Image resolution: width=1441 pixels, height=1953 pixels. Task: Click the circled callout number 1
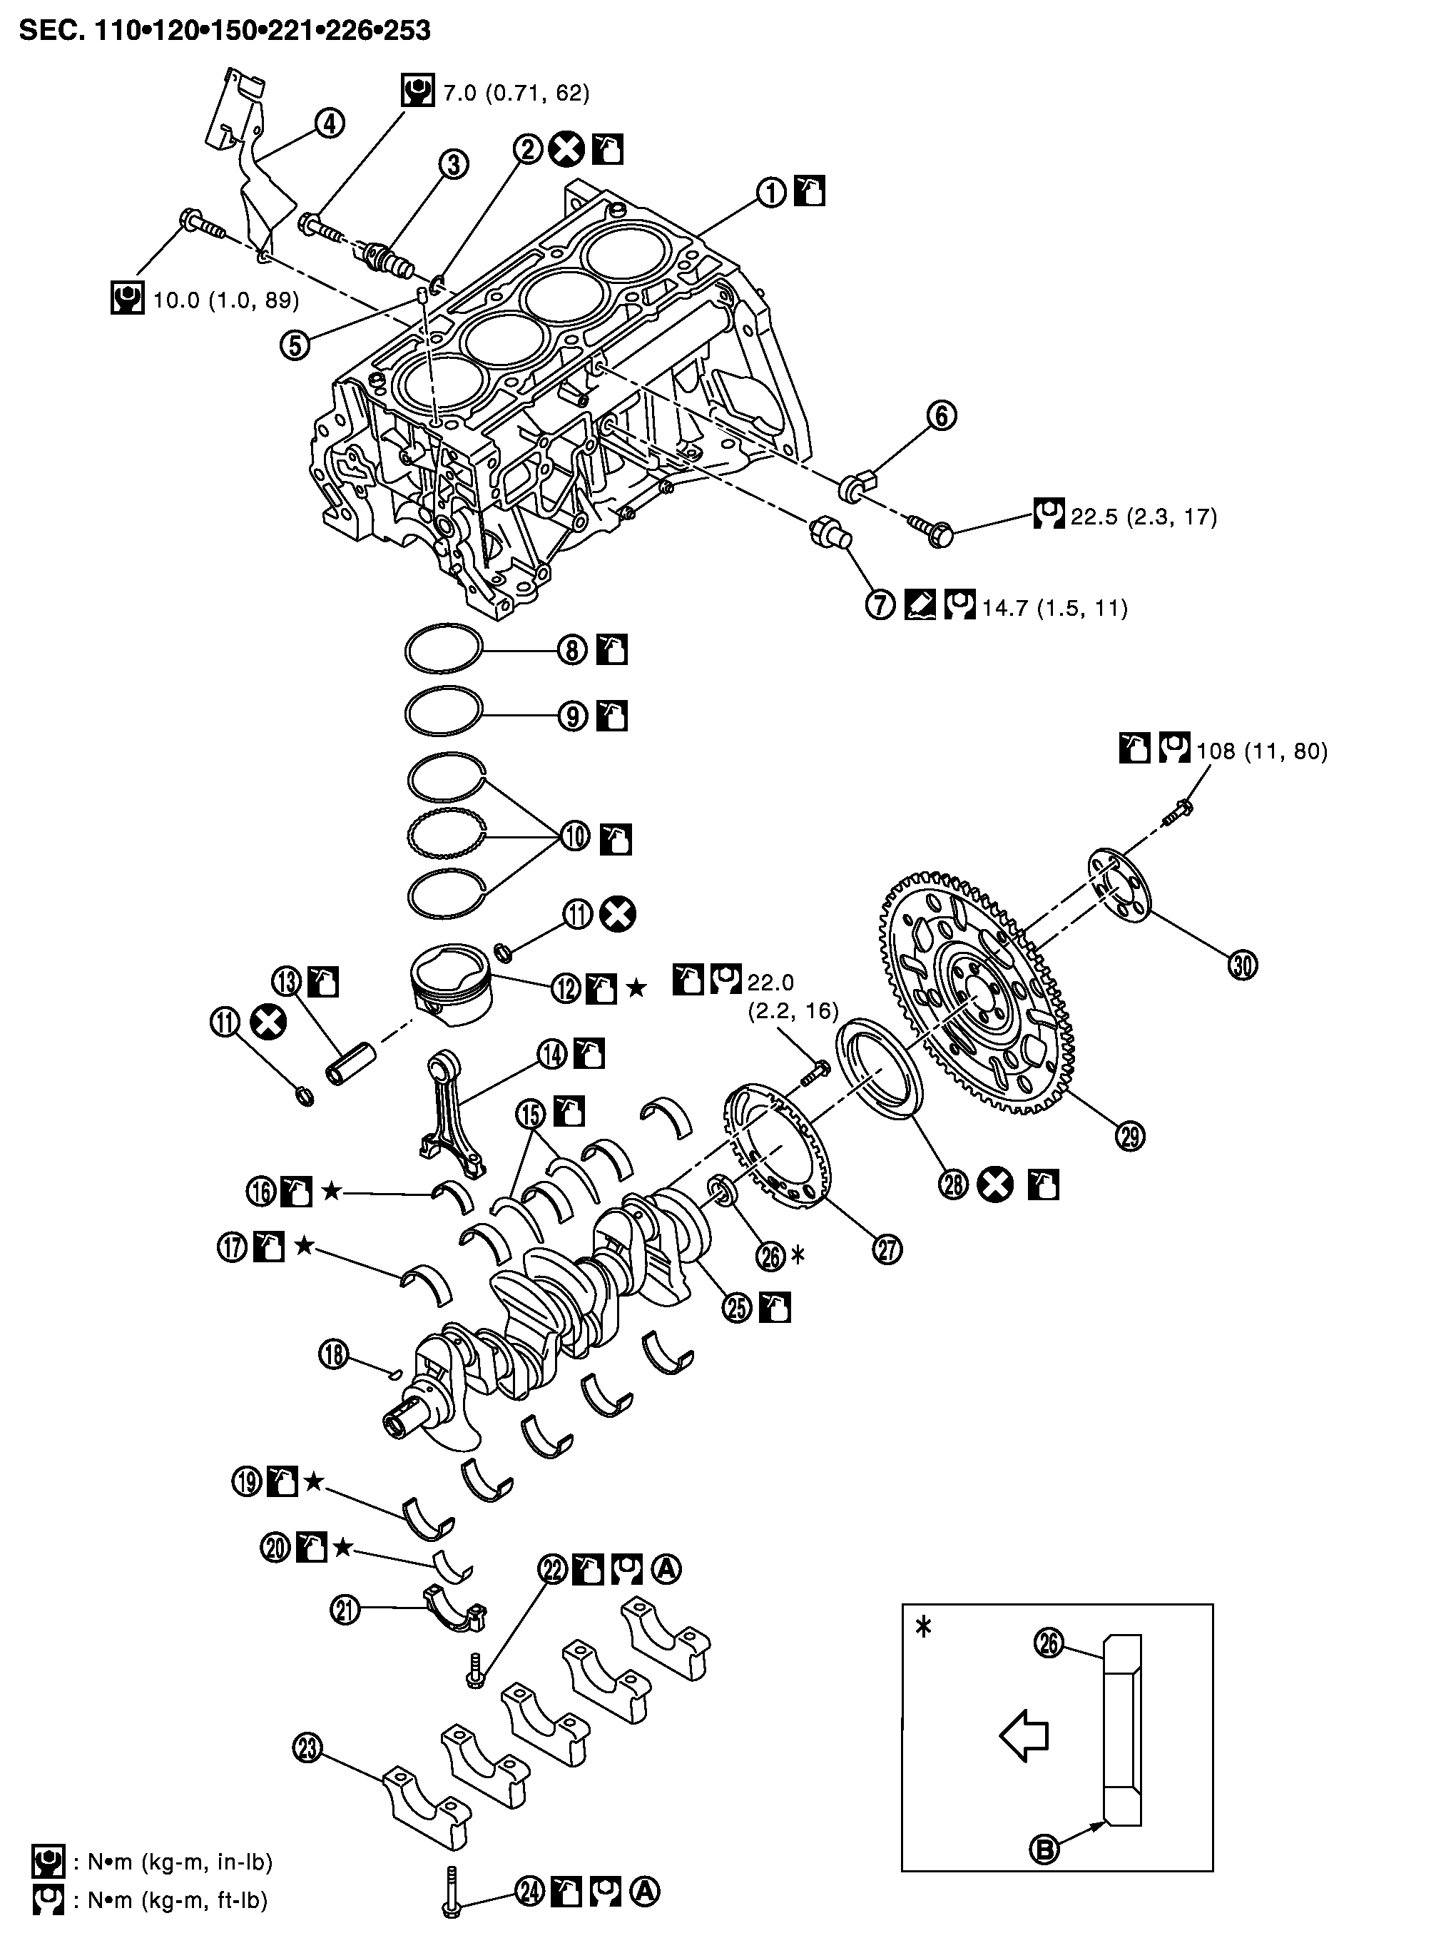pyautogui.click(x=771, y=193)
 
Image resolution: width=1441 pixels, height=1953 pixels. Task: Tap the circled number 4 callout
pyautogui.click(x=329, y=124)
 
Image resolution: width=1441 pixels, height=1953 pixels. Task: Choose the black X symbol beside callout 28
pyautogui.click(x=995, y=1185)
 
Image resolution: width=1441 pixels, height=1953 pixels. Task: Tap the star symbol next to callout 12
pyautogui.click(x=637, y=988)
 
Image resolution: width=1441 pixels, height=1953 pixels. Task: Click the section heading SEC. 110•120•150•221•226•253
pyautogui.click(x=225, y=31)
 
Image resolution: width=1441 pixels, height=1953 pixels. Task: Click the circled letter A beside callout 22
pyautogui.click(x=666, y=1569)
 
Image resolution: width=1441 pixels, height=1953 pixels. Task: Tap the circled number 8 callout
pyautogui.click(x=572, y=650)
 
